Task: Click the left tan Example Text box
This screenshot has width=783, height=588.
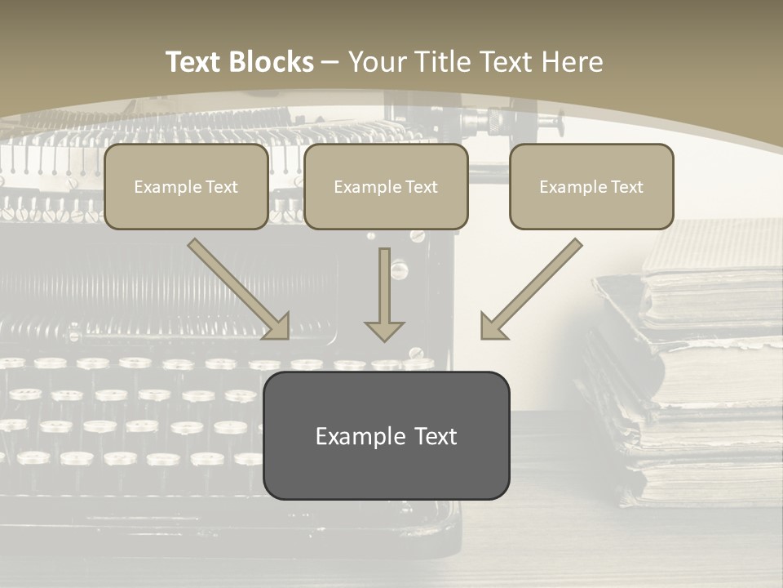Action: pyautogui.click(x=186, y=186)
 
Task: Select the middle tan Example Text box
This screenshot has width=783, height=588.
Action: pyautogui.click(x=386, y=186)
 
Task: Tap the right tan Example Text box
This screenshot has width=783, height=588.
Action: pyautogui.click(x=591, y=186)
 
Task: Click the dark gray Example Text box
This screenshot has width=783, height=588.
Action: pyautogui.click(x=386, y=435)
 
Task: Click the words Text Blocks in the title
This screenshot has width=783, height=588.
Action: pyautogui.click(x=240, y=62)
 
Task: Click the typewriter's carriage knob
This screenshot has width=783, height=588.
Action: pyautogui.click(x=555, y=123)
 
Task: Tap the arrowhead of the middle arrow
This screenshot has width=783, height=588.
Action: pyautogui.click(x=384, y=330)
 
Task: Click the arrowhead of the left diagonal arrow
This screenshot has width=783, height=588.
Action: pyautogui.click(x=277, y=327)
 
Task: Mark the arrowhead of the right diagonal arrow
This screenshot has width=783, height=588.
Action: pyautogui.click(x=492, y=327)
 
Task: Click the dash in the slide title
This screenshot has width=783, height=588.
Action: pyautogui.click(x=330, y=62)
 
